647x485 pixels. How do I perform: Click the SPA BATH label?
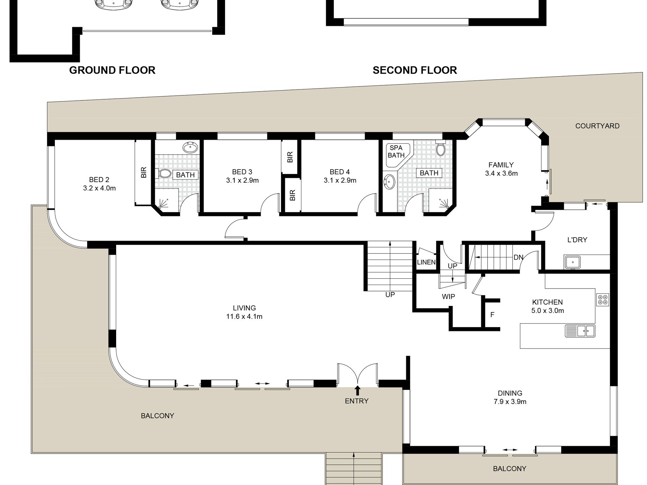pos(396,151)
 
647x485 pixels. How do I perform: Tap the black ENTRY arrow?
pos(357,390)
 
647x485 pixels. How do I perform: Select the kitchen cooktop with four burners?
pos(602,300)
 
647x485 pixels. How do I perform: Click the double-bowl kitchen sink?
pos(580,331)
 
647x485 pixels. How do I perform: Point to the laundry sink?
pos(573,262)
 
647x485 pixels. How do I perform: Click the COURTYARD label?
pos(597,126)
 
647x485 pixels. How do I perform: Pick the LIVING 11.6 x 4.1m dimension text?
pos(244,317)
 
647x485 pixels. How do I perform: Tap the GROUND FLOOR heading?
pos(112,70)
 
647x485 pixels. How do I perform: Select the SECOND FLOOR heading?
pos(415,70)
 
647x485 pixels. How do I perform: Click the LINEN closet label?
pos(426,262)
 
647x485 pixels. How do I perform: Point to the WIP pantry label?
pos(448,296)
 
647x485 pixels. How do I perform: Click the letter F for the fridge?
pos(492,315)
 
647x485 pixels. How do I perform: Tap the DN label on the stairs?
pos(518,257)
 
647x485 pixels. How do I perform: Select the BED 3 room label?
pos(242,172)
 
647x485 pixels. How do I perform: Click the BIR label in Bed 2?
pos(143,172)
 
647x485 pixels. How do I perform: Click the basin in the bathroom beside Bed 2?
pos(190,148)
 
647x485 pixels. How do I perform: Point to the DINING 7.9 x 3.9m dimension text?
pos(510,402)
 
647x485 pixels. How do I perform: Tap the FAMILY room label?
pos(501,165)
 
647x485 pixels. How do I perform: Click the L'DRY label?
pos(577,240)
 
